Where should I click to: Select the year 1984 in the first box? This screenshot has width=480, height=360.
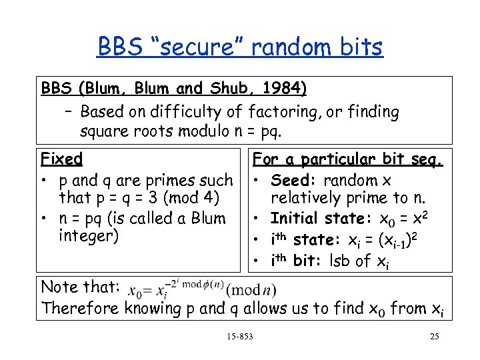coord(285,89)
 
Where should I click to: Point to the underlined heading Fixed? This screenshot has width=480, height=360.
coord(61,159)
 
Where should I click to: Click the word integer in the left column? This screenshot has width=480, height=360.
coord(85,236)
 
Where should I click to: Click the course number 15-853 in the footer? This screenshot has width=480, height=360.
coord(239,336)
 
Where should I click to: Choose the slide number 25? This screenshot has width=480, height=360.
coord(434,336)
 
